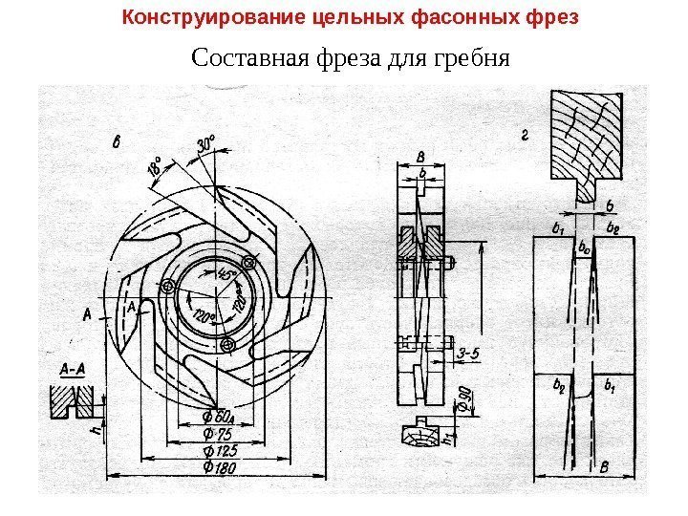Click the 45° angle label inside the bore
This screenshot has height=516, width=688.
[227, 277]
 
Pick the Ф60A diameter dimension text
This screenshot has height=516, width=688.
[220, 417]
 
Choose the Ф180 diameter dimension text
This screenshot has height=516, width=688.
[219, 467]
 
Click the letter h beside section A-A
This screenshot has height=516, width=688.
[94, 431]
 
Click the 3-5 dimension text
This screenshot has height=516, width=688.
[467, 354]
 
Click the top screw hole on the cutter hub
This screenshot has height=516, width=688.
[250, 262]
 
